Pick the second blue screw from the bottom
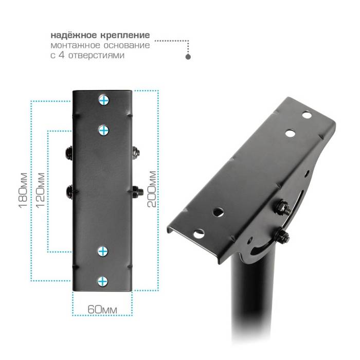(103, 251)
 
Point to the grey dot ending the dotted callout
(188, 57)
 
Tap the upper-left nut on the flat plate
(68, 152)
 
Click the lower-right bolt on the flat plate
(137, 191)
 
